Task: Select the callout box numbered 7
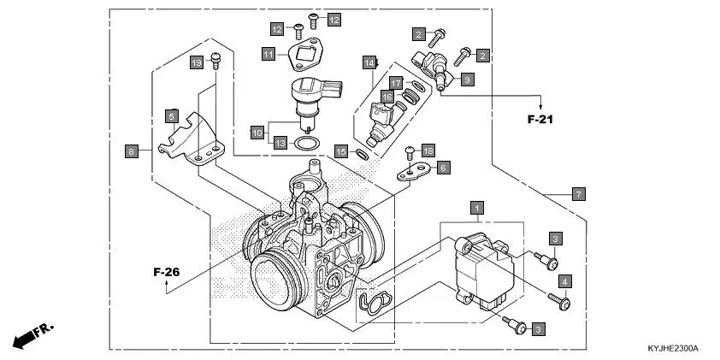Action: pyautogui.click(x=579, y=194)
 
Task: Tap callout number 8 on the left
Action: pyautogui.click(x=131, y=151)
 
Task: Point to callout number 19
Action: pyautogui.click(x=196, y=63)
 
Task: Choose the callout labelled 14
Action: pyautogui.click(x=369, y=63)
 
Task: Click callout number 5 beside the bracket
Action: pyautogui.click(x=172, y=115)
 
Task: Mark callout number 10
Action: pyautogui.click(x=257, y=133)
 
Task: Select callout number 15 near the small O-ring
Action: pyautogui.click(x=340, y=151)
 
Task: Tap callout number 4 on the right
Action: pyautogui.click(x=564, y=280)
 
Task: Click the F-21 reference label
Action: pyautogui.click(x=540, y=120)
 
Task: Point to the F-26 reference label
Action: pyautogui.click(x=167, y=272)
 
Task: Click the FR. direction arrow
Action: pyautogui.click(x=32, y=337)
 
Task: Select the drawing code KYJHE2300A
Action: pyautogui.click(x=673, y=349)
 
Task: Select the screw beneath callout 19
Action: pyautogui.click(x=215, y=62)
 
